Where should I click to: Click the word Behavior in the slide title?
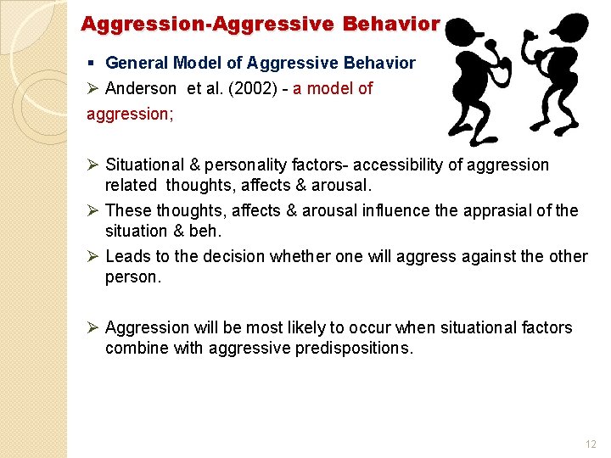[x=391, y=24]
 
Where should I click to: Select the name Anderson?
[x=141, y=88]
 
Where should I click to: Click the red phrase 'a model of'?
[x=333, y=88]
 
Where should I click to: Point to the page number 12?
[x=591, y=444]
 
